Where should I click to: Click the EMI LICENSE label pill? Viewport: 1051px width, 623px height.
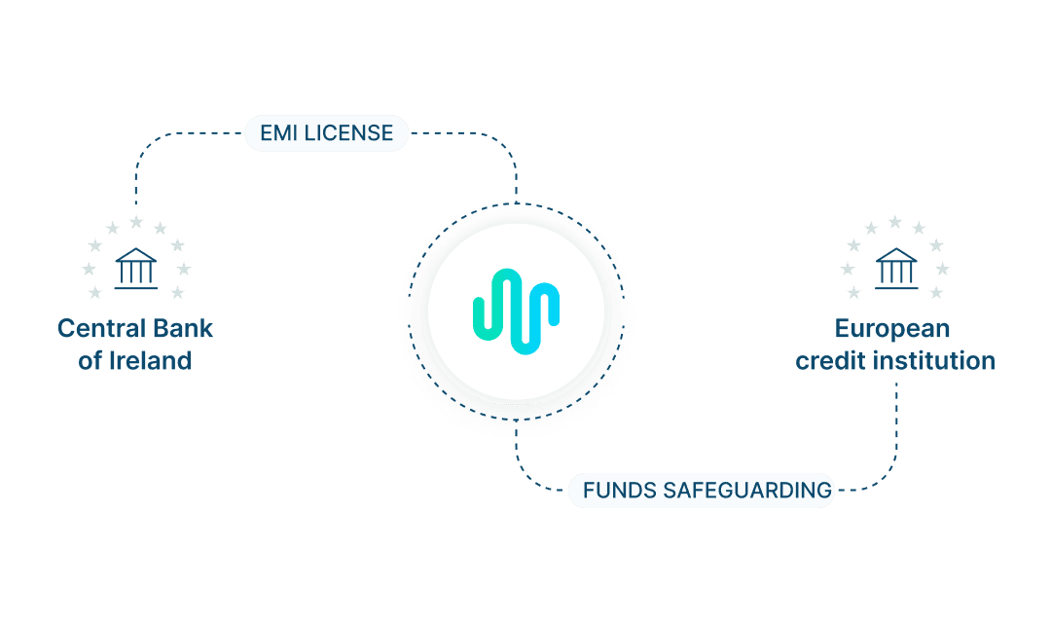(326, 132)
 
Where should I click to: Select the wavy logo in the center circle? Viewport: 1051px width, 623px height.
(516, 311)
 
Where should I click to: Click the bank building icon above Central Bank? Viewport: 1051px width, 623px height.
(135, 268)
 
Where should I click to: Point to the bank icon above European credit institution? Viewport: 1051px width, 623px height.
(895, 268)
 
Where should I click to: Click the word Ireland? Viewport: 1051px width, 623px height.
(149, 361)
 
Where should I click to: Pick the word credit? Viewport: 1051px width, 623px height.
(828, 361)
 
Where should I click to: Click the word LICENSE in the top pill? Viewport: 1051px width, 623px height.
(348, 132)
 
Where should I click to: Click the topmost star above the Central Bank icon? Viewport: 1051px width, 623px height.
(136, 223)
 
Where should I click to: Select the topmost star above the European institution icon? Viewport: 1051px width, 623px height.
(895, 223)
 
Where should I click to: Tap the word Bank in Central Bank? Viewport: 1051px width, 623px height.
(179, 328)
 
